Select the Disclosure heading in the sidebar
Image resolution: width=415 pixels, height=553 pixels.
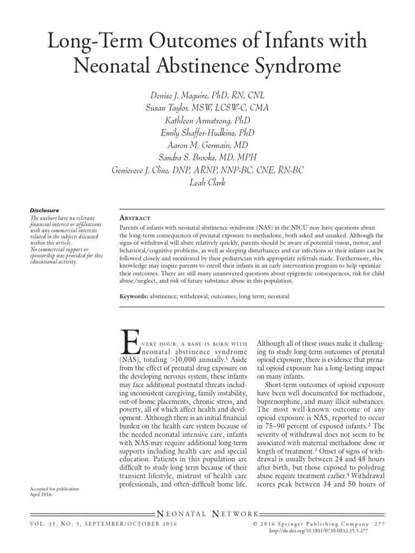[44, 210]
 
